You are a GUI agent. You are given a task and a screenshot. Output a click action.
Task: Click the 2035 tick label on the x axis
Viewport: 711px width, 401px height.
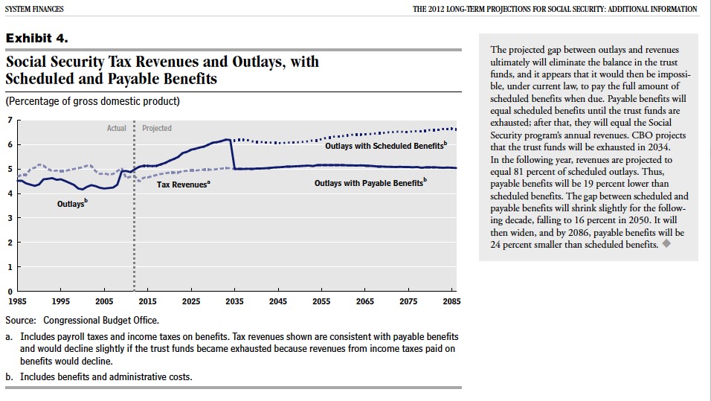coord(235,302)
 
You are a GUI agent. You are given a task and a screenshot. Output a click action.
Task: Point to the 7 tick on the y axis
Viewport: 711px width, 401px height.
coord(9,120)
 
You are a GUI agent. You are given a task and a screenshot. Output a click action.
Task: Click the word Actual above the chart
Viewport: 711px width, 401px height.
coord(117,128)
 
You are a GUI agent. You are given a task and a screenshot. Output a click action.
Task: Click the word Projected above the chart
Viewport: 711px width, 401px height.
coord(157,128)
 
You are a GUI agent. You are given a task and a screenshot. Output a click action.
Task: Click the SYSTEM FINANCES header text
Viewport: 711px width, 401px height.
coord(33,9)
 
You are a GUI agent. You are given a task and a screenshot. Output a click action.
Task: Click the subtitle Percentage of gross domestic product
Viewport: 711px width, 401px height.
coord(92,101)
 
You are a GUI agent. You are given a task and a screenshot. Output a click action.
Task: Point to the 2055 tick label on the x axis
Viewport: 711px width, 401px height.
coord(322,302)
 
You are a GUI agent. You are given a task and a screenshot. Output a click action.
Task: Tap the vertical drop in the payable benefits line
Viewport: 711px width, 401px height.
coord(234,154)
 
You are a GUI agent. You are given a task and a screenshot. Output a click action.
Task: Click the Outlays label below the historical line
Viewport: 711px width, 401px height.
coord(71,204)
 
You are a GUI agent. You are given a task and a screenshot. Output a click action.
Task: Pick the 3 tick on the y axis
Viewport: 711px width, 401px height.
coord(9,218)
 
